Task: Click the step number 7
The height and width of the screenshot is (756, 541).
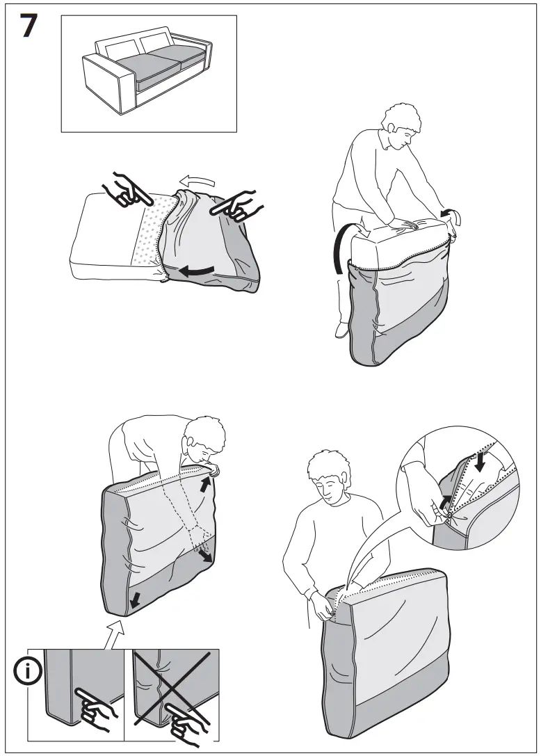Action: [x=29, y=26]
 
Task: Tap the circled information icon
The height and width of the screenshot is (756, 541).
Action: [x=28, y=671]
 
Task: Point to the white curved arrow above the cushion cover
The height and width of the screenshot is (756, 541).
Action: [x=197, y=182]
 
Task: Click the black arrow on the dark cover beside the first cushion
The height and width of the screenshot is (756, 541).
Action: [x=197, y=271]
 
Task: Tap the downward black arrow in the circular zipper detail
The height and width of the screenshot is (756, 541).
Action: [x=481, y=461]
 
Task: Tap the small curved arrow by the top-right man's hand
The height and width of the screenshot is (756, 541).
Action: [x=449, y=215]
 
